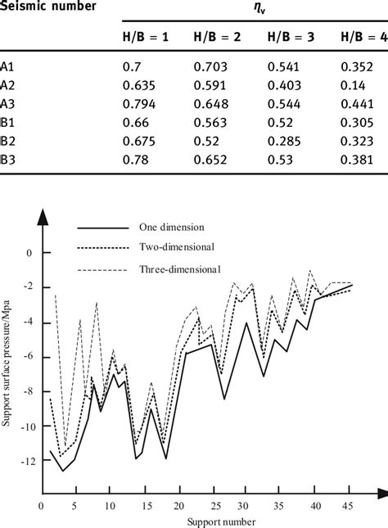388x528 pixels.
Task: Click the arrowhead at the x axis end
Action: [x=381, y=493]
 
